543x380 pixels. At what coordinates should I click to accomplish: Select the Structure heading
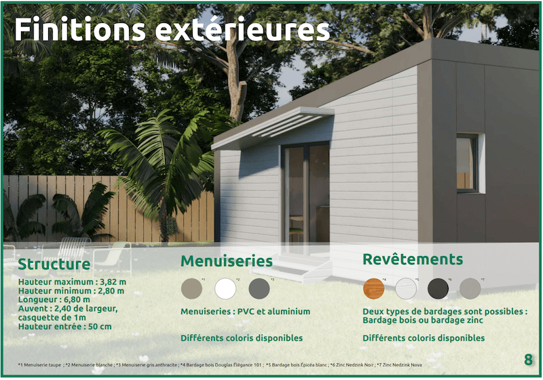pos(54,264)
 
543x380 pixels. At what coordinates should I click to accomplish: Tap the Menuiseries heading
pos(226,261)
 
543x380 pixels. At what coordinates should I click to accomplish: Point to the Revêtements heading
pos(413,259)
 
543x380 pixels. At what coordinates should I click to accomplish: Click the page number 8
pos(528,360)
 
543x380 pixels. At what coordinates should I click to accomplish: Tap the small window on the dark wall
pos(468,163)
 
